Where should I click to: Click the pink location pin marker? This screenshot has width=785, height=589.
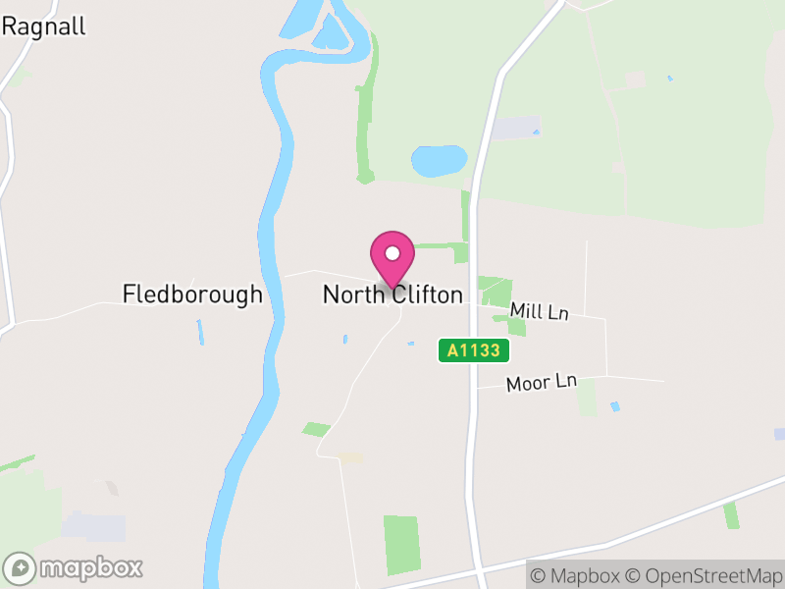click(x=392, y=258)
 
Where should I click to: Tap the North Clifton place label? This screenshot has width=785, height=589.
click(x=392, y=294)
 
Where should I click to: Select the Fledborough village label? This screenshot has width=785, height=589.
click(x=192, y=294)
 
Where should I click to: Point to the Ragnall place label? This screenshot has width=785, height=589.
click(x=43, y=27)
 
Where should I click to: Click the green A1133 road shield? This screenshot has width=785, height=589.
click(x=474, y=350)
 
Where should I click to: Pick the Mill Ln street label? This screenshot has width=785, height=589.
click(x=540, y=312)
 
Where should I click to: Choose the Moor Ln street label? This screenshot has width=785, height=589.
click(x=541, y=383)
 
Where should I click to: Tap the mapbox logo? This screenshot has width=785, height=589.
click(x=74, y=567)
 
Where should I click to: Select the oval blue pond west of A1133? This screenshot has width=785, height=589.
click(x=439, y=160)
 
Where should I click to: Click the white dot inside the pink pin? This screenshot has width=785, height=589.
click(x=392, y=253)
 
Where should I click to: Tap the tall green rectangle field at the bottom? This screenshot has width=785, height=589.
click(x=400, y=545)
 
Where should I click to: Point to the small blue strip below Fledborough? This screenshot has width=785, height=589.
click(x=200, y=332)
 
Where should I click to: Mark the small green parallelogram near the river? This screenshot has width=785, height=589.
click(x=316, y=429)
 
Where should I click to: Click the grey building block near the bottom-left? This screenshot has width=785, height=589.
click(x=93, y=526)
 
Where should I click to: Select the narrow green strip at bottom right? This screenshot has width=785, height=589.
click(x=731, y=515)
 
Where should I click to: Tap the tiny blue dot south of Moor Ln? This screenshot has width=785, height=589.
click(x=615, y=405)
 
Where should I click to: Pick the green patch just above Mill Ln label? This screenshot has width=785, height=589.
click(x=496, y=292)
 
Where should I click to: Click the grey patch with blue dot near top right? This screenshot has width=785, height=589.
click(x=516, y=128)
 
